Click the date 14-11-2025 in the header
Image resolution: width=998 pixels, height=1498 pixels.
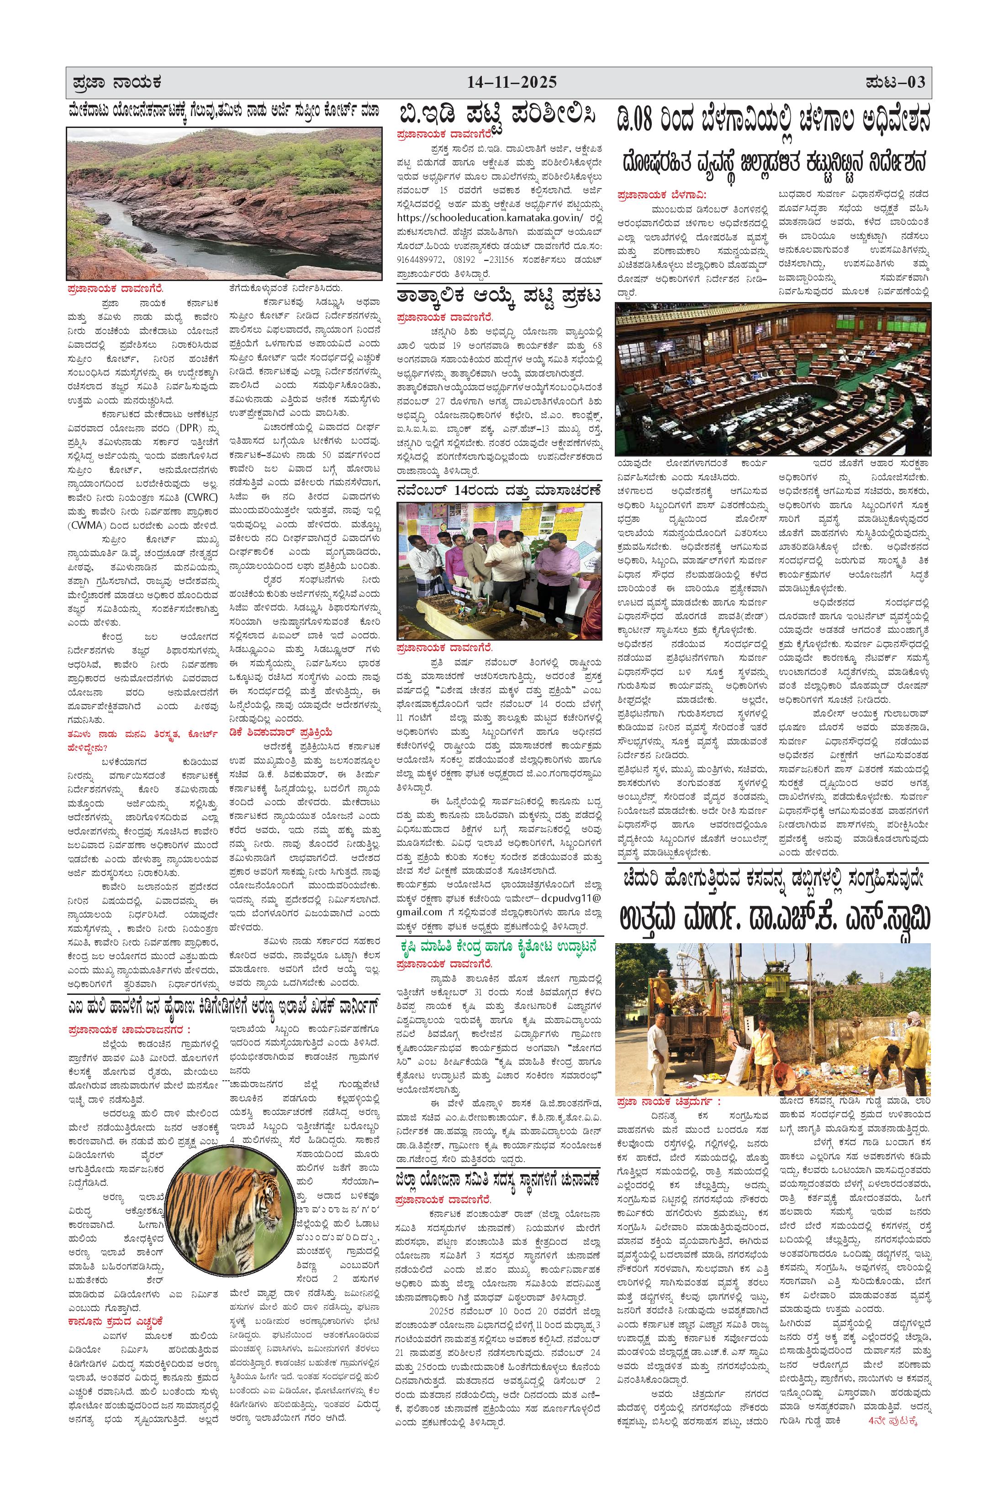[x=512, y=82]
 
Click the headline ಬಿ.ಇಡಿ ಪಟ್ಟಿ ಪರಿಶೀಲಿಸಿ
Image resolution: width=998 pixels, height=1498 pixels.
[x=498, y=116]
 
